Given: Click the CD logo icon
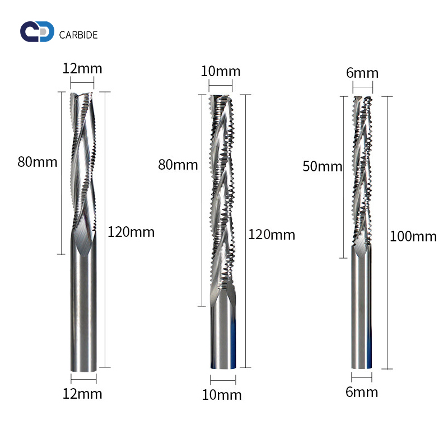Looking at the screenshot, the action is point(37,31).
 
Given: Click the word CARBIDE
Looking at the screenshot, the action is point(78,35).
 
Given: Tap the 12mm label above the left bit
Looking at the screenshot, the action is point(82,68).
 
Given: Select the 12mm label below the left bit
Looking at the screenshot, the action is point(82,394).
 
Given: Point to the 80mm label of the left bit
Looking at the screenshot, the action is point(38,162).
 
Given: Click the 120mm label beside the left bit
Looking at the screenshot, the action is point(131,232).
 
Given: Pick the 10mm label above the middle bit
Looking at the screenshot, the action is point(221,71).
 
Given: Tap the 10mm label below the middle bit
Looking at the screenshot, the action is point(222,395).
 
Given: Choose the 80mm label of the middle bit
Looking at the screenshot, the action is point(178,165).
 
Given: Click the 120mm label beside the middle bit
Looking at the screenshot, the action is point(272,235).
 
